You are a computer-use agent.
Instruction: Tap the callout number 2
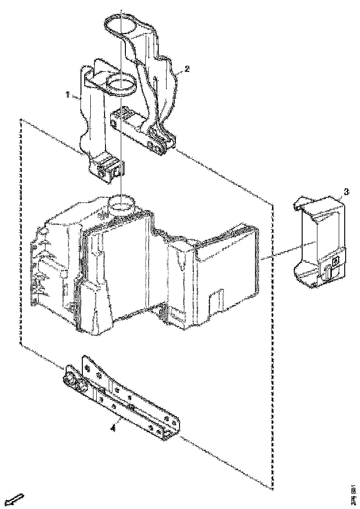(186, 69)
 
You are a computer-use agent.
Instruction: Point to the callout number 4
(113, 428)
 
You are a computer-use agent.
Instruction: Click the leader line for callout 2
(178, 72)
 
